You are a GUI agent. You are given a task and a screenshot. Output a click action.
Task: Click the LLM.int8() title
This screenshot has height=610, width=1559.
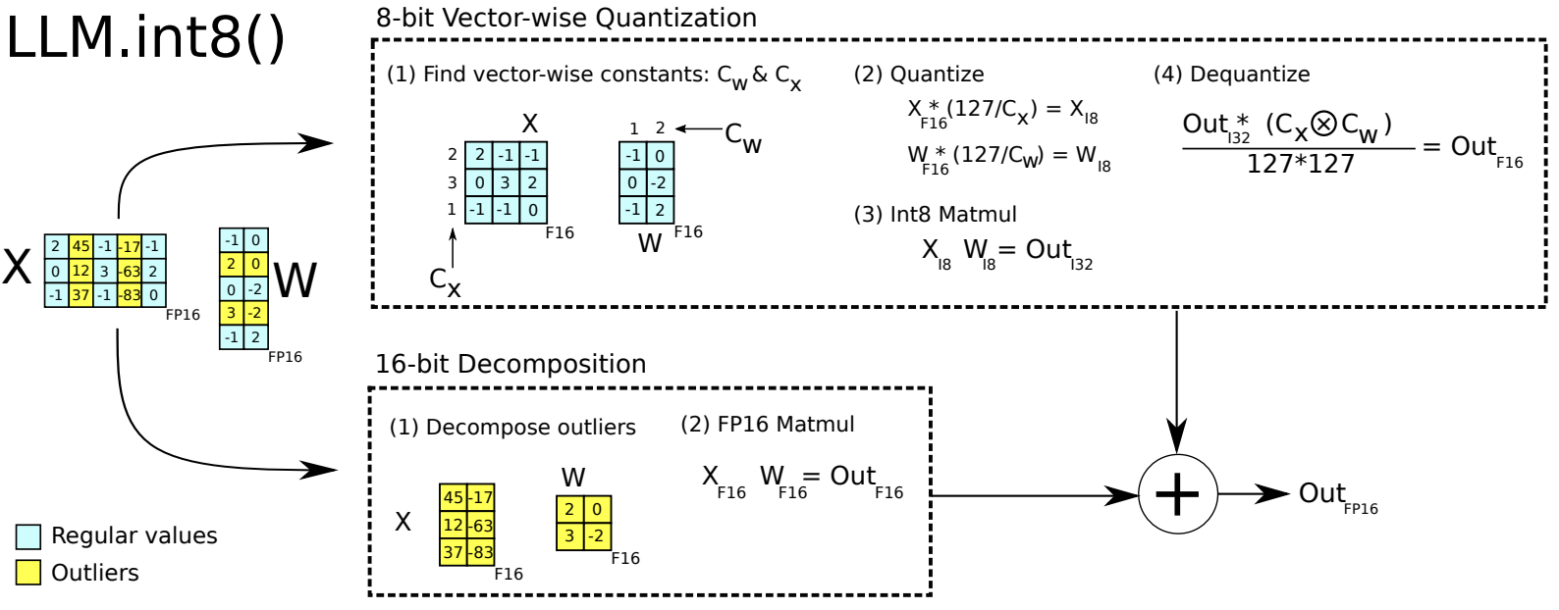tap(145, 39)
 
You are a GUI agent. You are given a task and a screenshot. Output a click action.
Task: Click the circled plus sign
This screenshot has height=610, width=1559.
tap(1177, 494)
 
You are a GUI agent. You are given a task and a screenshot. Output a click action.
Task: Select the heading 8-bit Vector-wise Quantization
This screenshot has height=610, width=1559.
tap(566, 18)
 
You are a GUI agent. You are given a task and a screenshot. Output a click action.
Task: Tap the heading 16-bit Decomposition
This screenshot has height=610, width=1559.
tap(511, 364)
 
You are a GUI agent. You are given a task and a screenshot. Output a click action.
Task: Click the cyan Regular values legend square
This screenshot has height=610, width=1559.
tap(28, 536)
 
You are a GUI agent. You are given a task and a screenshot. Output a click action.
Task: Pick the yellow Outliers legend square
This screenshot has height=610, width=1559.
tap(28, 573)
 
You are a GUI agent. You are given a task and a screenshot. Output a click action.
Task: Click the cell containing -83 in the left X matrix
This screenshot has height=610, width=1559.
tap(130, 295)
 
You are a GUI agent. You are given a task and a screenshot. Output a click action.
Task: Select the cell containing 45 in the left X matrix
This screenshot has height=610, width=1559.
tap(81, 246)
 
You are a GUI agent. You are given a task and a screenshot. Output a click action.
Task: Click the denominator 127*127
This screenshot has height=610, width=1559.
tap(1300, 165)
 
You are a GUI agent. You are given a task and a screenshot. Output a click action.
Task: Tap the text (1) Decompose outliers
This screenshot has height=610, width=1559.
tap(512, 428)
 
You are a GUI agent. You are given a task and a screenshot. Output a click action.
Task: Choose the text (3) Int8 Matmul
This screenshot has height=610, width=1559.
tap(935, 215)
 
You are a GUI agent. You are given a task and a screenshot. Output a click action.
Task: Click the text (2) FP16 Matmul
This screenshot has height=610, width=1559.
tap(767, 425)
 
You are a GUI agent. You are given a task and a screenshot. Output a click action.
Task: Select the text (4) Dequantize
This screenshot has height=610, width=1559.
tap(1231, 75)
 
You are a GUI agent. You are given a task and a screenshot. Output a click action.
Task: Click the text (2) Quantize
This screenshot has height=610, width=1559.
tap(918, 75)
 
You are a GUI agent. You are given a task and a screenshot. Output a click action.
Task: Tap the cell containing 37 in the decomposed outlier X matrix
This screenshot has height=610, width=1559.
tap(453, 553)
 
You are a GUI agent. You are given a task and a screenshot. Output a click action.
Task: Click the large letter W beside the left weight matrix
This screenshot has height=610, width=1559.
tap(295, 281)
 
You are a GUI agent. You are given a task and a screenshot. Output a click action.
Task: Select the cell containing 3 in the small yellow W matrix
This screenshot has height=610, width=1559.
tap(569, 536)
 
